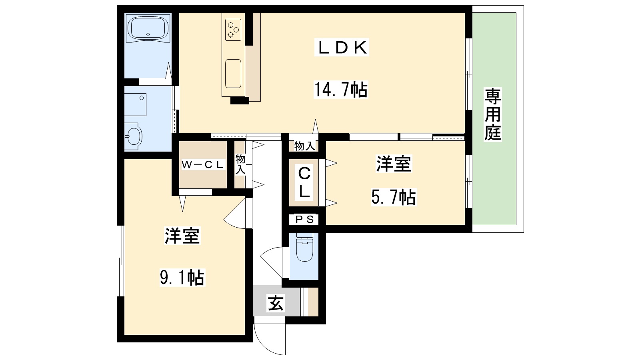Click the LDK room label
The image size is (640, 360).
pyautogui.click(x=342, y=48)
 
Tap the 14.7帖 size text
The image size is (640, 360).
pyautogui.click(x=340, y=90)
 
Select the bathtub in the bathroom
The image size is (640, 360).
pyautogui.click(x=148, y=28)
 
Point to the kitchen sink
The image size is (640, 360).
pyautogui.click(x=233, y=73)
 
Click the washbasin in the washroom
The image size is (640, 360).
pyautogui.click(x=133, y=137)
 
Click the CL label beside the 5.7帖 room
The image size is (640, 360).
pyautogui.click(x=304, y=183)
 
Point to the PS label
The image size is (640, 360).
pyautogui.click(x=304, y=219)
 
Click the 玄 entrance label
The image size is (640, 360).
pyautogui.click(x=276, y=303)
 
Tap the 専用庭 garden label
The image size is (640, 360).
pyautogui.click(x=493, y=115)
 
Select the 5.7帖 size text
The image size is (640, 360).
pyautogui.click(x=394, y=197)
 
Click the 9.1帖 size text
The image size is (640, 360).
pyautogui.click(x=182, y=277)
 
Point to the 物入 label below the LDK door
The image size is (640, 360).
pyautogui.click(x=304, y=146)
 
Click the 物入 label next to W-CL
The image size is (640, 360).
pyautogui.click(x=240, y=164)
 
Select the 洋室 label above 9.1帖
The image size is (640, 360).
pyautogui.click(x=182, y=236)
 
